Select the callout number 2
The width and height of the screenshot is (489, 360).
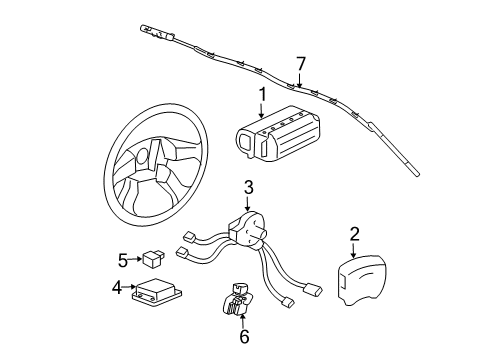(353, 236)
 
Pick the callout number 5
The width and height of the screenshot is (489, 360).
(122, 260)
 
